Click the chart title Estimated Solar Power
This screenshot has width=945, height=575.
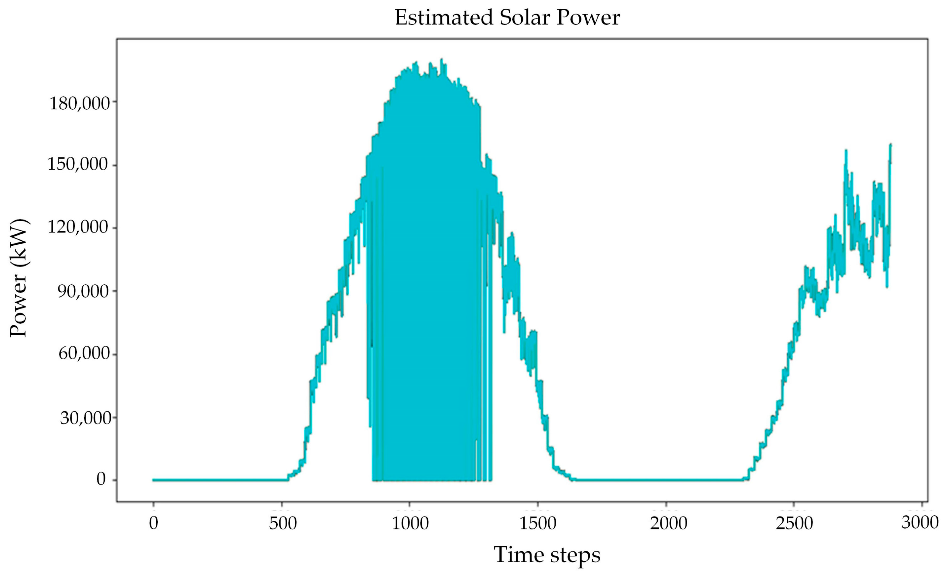coord(507,18)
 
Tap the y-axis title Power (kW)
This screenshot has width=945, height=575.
coord(19,278)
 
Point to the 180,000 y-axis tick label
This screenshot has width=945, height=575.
coord(79,103)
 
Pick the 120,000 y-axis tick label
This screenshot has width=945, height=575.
coord(77,227)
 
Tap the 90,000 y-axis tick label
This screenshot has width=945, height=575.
coord(83,292)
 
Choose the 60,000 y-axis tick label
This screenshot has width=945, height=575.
coord(84,353)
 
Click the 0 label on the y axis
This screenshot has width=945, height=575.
coord(101,479)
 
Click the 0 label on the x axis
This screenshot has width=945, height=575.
coord(153,523)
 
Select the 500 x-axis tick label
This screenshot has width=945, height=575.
coord(283,523)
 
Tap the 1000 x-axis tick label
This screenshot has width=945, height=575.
coord(410,523)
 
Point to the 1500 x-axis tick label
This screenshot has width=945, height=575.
coord(538,523)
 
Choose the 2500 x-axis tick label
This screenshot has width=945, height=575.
coord(794,523)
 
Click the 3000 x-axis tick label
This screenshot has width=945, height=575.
coord(920,522)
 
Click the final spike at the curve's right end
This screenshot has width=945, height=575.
coord(890,145)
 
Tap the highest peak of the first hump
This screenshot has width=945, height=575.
coord(442,60)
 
